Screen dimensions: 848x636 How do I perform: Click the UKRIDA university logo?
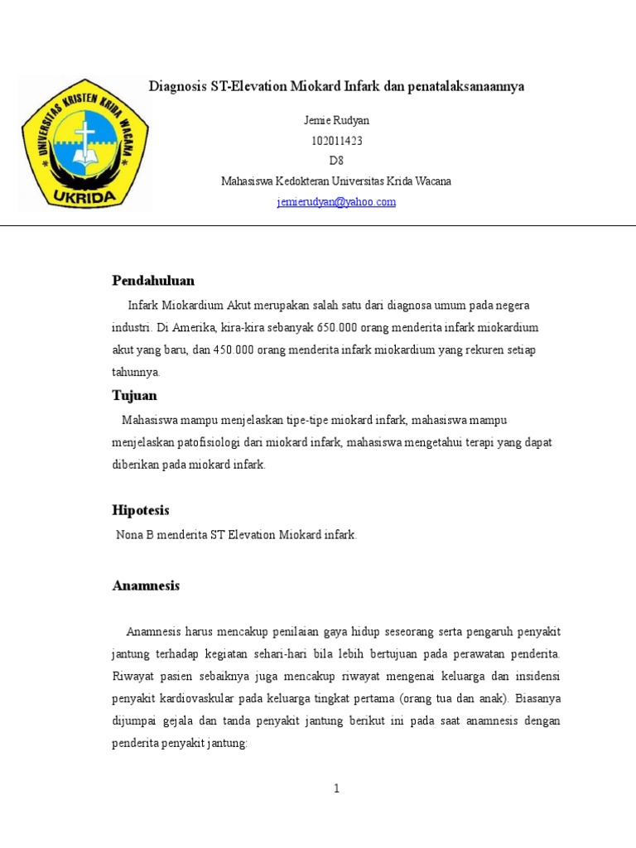pos(84,144)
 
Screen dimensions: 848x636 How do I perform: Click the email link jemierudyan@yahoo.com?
pos(336,202)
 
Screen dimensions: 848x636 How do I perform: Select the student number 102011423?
pos(336,141)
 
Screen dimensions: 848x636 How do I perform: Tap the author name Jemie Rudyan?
pos(336,121)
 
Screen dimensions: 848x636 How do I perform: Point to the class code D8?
pos(336,161)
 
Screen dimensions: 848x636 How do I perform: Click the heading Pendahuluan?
pos(153,281)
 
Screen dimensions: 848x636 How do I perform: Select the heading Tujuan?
pos(134,396)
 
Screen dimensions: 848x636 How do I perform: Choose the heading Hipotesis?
pos(141,510)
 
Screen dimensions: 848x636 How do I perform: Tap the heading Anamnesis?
pos(146,586)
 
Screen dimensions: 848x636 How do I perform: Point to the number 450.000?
pos(233,349)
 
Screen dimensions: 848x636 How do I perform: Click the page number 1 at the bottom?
pos(336,788)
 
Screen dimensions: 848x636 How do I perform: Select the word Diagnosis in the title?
pos(176,87)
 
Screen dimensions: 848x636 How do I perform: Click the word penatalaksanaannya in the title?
pos(467,87)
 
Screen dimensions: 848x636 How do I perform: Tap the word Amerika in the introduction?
pos(195,327)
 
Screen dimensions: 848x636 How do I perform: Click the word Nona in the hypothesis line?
pos(130,535)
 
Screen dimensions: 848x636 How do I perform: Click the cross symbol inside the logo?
pos(84,132)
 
